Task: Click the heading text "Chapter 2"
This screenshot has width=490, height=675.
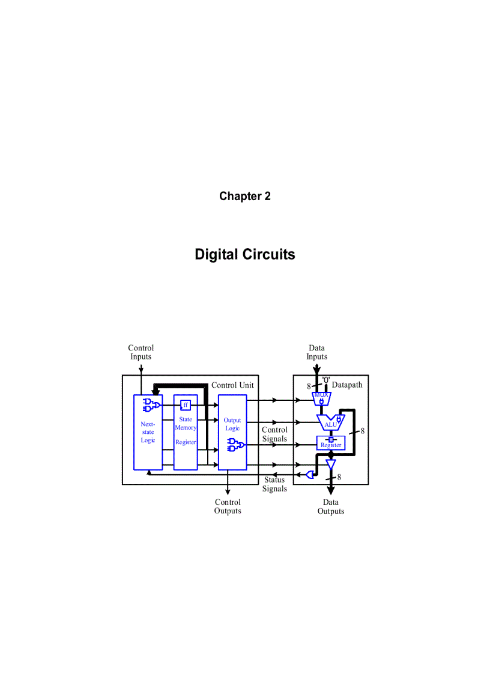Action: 244,197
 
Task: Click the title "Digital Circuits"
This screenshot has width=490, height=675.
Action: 244,254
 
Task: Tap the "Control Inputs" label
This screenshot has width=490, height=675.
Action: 141,352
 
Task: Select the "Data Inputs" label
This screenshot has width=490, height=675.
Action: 317,352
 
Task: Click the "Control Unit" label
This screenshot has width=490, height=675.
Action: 232,385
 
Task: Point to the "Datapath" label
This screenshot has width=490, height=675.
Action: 347,385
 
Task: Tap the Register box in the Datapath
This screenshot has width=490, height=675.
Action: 331,443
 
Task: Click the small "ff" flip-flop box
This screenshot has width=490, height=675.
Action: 186,405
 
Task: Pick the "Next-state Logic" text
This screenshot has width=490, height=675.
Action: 148,432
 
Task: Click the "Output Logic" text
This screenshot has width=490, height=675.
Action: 232,424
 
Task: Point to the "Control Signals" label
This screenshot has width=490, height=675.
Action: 274,434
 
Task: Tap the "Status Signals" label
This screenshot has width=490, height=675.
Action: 274,484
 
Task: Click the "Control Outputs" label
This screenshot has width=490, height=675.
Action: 228,507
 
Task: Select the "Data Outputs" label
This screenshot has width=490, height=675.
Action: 331,507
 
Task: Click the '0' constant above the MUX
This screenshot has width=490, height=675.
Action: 325,380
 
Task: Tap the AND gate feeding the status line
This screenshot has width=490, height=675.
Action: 310,475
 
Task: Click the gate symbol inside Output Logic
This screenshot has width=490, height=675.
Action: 235,445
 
